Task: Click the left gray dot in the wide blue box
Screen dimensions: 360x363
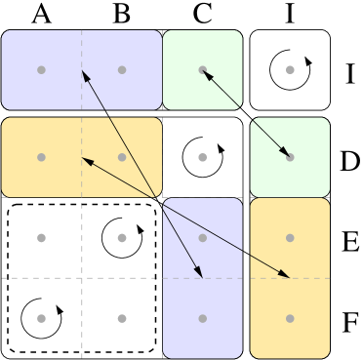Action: (x=41, y=69)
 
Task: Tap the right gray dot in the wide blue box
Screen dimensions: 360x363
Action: (x=122, y=69)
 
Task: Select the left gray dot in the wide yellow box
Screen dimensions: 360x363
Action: (x=41, y=157)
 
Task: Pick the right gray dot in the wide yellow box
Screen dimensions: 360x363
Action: (x=122, y=157)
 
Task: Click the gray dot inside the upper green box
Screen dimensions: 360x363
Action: (x=202, y=69)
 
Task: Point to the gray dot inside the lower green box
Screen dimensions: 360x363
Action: (x=290, y=157)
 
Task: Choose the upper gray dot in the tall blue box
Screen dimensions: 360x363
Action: (x=202, y=237)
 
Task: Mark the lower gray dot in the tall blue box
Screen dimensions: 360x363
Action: (x=202, y=318)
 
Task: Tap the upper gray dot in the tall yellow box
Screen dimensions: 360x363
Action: (x=290, y=237)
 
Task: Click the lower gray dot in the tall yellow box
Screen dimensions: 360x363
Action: (x=290, y=318)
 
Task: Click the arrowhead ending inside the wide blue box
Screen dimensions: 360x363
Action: (x=84, y=73)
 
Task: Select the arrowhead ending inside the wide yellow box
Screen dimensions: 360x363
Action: (x=85, y=159)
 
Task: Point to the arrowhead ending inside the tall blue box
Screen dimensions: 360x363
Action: (x=200, y=274)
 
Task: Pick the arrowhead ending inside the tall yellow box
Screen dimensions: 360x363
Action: (x=286, y=275)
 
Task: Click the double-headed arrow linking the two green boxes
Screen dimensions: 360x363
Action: (x=246, y=113)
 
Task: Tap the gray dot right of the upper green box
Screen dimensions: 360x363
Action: (x=290, y=69)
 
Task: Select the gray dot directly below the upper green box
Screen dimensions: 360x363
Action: (x=202, y=157)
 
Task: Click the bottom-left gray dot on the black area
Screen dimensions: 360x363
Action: (x=41, y=318)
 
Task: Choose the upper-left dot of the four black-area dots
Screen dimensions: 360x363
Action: (x=41, y=237)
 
